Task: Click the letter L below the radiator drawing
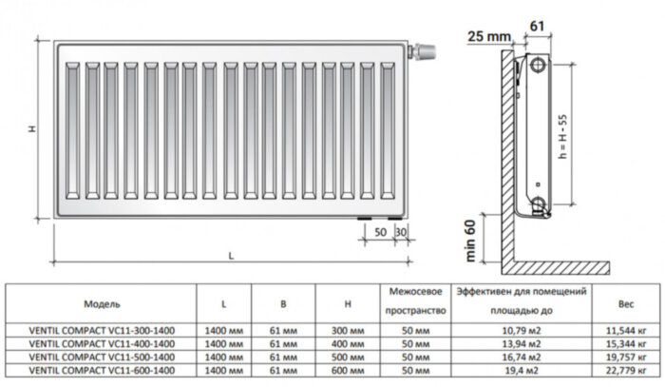tap(231, 254)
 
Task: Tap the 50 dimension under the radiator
tap(380, 232)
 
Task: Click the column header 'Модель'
tap(103, 304)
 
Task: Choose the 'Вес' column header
tap(626, 304)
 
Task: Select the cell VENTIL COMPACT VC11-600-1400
tap(103, 369)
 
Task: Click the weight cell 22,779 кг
tap(626, 369)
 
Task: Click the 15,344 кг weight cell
tap(626, 342)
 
